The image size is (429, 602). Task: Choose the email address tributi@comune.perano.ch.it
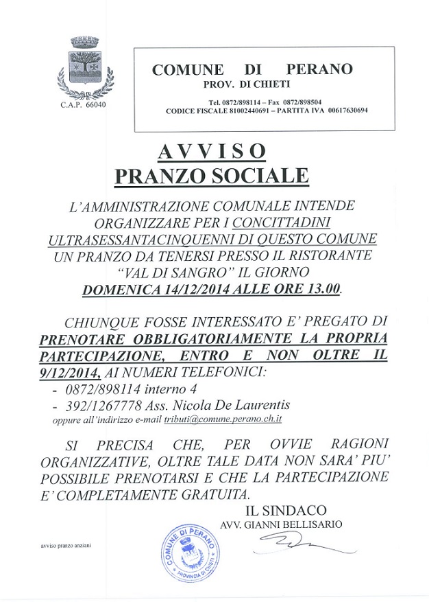tap(222, 419)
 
